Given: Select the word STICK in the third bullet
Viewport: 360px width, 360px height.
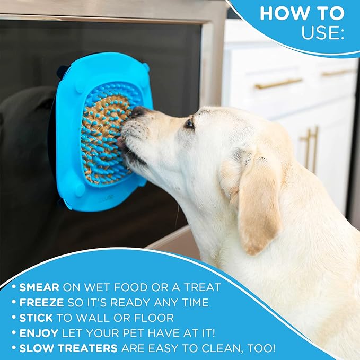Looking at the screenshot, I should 36,318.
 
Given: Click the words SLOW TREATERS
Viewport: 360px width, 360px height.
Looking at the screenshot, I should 68,349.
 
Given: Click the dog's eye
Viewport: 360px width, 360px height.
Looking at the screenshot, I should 189,123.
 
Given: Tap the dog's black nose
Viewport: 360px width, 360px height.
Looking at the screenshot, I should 139,112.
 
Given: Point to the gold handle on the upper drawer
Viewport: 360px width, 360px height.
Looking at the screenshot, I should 278,83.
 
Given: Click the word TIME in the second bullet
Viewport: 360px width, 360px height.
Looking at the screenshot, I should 190,303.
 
